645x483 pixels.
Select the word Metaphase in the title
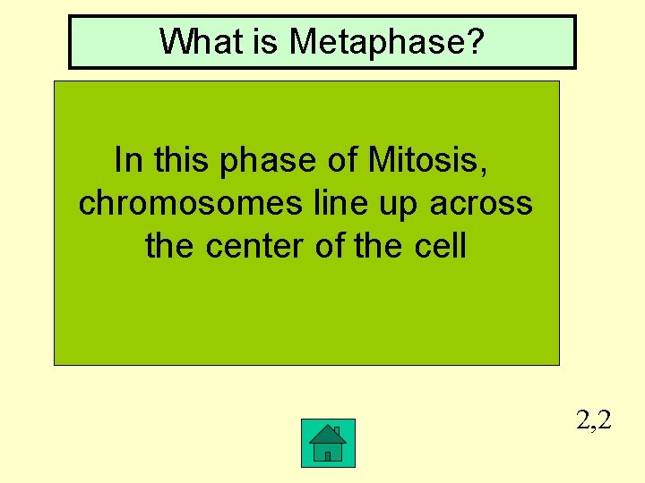[x=371, y=41]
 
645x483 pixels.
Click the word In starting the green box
[x=129, y=160]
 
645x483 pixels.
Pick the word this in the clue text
[x=182, y=160]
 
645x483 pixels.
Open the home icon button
[x=328, y=443]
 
